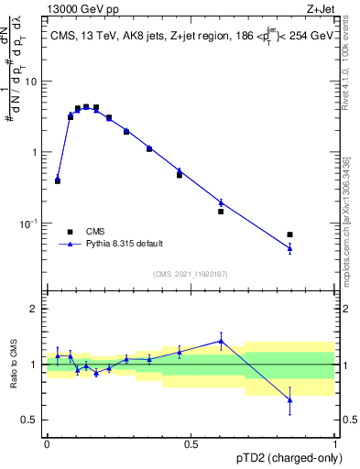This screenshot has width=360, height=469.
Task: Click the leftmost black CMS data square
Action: pyautogui.click(x=58, y=181)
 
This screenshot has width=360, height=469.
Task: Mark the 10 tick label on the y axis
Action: pyautogui.click(x=33, y=82)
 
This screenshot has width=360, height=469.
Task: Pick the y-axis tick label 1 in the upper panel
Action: pyautogui.click(x=37, y=152)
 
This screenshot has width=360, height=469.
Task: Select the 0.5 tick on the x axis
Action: pyautogui.click(x=191, y=444)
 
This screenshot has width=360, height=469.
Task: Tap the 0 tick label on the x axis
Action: pyautogui.click(x=47, y=444)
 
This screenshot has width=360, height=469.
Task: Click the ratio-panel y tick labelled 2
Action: pyautogui.click(x=37, y=309)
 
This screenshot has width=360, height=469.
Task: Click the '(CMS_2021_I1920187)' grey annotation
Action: pyautogui.click(x=191, y=273)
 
